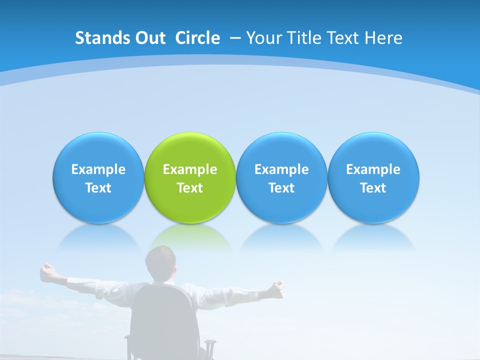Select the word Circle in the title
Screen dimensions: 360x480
(x=197, y=38)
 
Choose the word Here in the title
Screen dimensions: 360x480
(x=383, y=38)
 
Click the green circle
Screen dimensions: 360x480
(x=190, y=150)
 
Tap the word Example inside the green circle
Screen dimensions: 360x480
(x=190, y=169)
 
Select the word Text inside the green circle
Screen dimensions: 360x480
(x=190, y=188)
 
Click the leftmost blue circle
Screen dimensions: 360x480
(x=98, y=150)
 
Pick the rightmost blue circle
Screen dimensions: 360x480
(x=373, y=150)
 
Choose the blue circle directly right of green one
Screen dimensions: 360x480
(x=281, y=150)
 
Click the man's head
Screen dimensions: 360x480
(x=161, y=262)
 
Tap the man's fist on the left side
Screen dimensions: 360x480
(x=48, y=271)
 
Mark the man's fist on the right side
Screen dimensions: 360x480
(x=277, y=287)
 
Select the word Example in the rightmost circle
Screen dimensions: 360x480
(x=373, y=169)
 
